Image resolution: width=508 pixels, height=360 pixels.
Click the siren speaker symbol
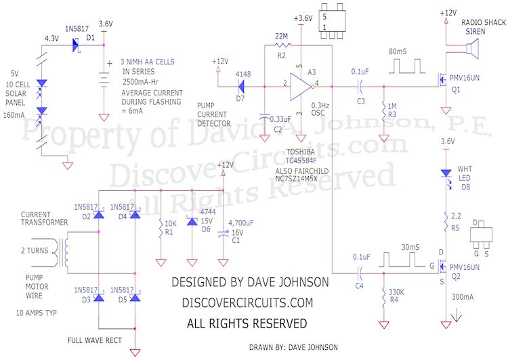click(471, 48)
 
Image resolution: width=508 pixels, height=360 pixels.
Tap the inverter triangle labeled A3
click(300, 86)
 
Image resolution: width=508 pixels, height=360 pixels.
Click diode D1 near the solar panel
click(76, 45)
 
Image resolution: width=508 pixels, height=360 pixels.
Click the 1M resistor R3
click(384, 110)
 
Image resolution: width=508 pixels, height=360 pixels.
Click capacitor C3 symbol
click(359, 86)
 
